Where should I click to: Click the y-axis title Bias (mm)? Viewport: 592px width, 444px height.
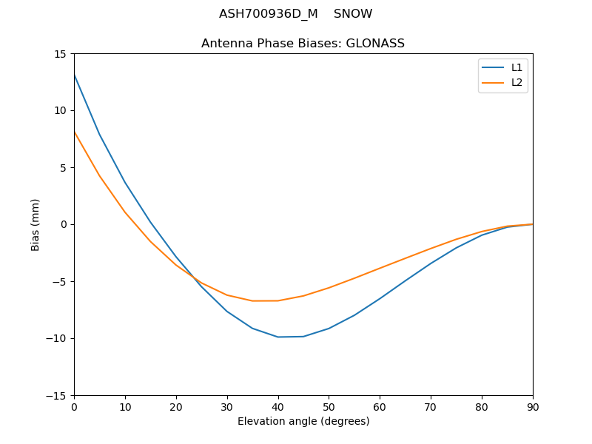coord(36,224)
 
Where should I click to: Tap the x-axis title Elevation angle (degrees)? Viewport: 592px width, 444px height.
coord(303,422)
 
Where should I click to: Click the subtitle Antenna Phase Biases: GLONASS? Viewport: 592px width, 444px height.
coord(303,44)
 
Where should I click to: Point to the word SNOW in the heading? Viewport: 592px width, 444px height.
coord(353,14)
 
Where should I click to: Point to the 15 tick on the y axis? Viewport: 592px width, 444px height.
coord(60,54)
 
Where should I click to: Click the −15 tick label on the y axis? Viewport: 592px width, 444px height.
coord(56,395)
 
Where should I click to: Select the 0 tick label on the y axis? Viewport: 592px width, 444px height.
coord(63,224)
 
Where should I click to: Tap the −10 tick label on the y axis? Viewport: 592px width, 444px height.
coord(56,338)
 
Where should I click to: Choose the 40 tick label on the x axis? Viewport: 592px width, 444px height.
coord(278,406)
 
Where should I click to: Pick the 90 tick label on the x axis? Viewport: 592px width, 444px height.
coord(533,406)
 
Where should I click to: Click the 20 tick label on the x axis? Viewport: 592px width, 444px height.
coord(176,406)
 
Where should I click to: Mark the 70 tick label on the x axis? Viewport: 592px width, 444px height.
coord(431,406)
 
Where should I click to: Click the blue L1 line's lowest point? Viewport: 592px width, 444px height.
coord(278,337)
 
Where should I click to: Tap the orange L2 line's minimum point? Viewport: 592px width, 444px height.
coord(265,301)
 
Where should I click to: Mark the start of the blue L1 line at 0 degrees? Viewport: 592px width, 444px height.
coord(74,75)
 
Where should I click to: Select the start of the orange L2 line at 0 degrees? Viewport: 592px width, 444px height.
coord(74,132)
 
